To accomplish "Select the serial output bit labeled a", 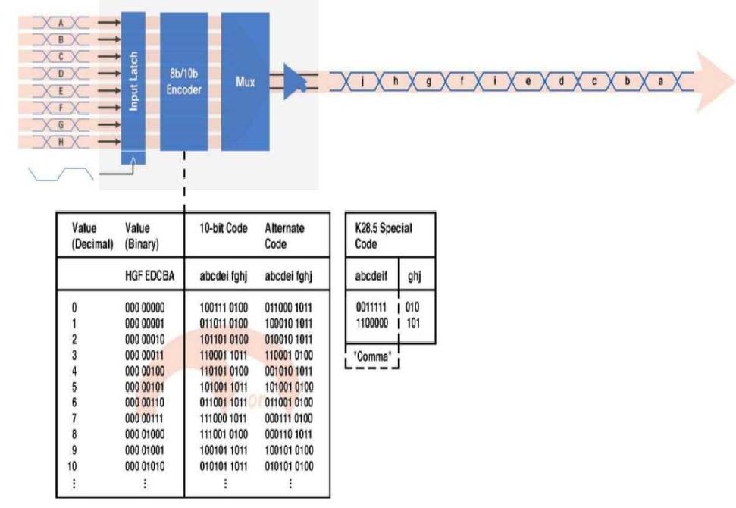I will tap(659, 81).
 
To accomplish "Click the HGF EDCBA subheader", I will tap(149, 278).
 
